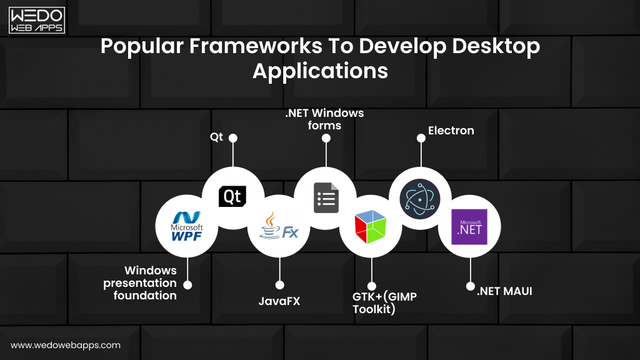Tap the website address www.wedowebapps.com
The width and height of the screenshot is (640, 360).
[x=66, y=345]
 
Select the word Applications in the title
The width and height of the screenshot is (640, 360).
[x=320, y=71]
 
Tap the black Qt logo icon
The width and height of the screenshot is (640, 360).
[x=232, y=197]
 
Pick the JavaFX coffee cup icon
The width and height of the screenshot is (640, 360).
[x=279, y=226]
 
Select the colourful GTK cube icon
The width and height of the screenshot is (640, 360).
[x=371, y=226]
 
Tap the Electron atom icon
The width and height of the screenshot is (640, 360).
[x=421, y=199]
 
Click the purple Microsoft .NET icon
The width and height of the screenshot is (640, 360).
[x=469, y=226]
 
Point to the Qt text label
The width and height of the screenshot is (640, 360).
[x=216, y=137]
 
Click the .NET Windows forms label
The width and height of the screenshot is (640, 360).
[x=325, y=119]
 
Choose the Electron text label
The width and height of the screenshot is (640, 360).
[x=451, y=131]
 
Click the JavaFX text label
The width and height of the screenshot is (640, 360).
[x=279, y=301]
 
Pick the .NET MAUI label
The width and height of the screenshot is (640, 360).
[x=504, y=291]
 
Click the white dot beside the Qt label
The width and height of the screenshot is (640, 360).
[x=233, y=137]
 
